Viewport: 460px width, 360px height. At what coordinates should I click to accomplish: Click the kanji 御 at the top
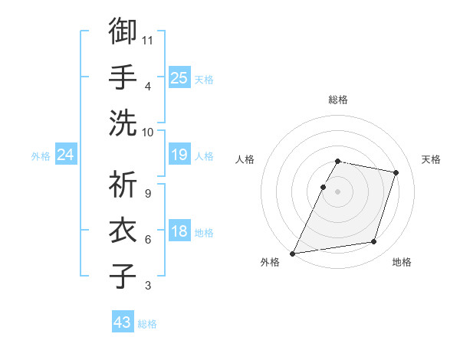click(123, 31)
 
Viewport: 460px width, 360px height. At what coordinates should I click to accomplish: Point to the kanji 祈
click(123, 185)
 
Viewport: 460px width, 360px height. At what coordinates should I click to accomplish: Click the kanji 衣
click(123, 231)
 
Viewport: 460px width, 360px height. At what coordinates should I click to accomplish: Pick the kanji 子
click(123, 277)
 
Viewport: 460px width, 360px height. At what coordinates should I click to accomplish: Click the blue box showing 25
click(179, 78)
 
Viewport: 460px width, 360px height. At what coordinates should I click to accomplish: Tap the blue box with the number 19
click(179, 155)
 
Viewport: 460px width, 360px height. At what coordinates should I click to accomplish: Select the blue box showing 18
click(179, 232)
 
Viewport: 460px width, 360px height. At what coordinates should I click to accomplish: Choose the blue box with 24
click(65, 155)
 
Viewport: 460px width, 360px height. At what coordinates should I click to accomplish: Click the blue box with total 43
click(123, 322)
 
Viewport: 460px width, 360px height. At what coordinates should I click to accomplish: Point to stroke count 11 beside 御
click(149, 40)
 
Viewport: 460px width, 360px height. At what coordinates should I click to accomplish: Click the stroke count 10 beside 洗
click(149, 132)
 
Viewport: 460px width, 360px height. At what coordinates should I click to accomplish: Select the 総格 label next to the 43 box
click(147, 324)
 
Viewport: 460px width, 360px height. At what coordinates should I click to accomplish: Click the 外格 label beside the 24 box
click(41, 156)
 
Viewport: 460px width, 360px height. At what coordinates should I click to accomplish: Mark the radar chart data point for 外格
click(293, 253)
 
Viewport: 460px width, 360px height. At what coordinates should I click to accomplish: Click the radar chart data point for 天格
click(396, 172)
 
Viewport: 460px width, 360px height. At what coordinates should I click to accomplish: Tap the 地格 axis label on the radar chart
click(402, 262)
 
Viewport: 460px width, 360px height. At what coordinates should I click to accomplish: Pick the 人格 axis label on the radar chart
click(245, 159)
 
